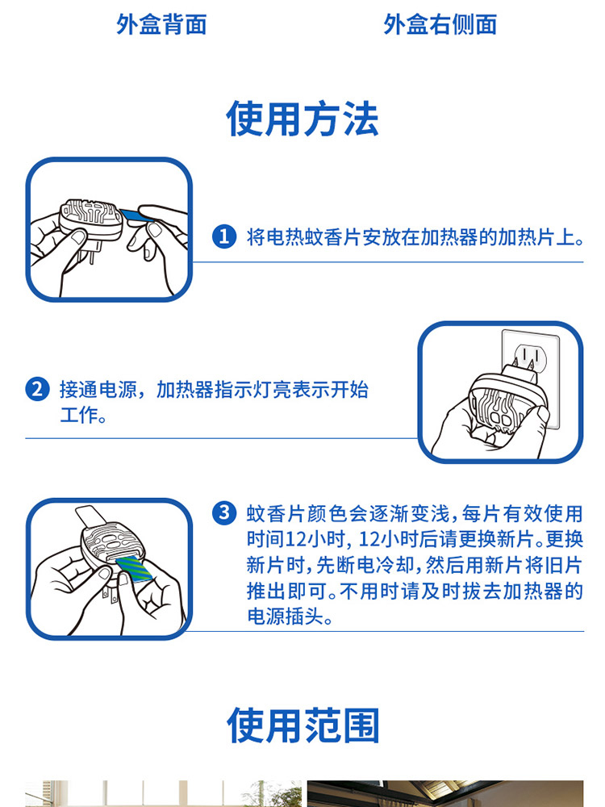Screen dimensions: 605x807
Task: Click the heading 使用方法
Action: point(302,119)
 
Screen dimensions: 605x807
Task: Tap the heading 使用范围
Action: point(303,725)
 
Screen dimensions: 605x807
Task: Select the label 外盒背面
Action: point(161,24)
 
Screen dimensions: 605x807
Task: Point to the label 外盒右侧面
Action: point(440,24)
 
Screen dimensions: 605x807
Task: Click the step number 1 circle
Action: point(224,236)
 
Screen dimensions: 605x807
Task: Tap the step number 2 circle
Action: point(38,389)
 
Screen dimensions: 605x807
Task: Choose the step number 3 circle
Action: point(224,513)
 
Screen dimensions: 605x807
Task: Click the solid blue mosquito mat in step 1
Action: point(137,215)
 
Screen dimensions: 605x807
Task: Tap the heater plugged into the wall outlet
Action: point(507,404)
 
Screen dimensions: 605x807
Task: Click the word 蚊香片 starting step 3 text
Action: point(276,513)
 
